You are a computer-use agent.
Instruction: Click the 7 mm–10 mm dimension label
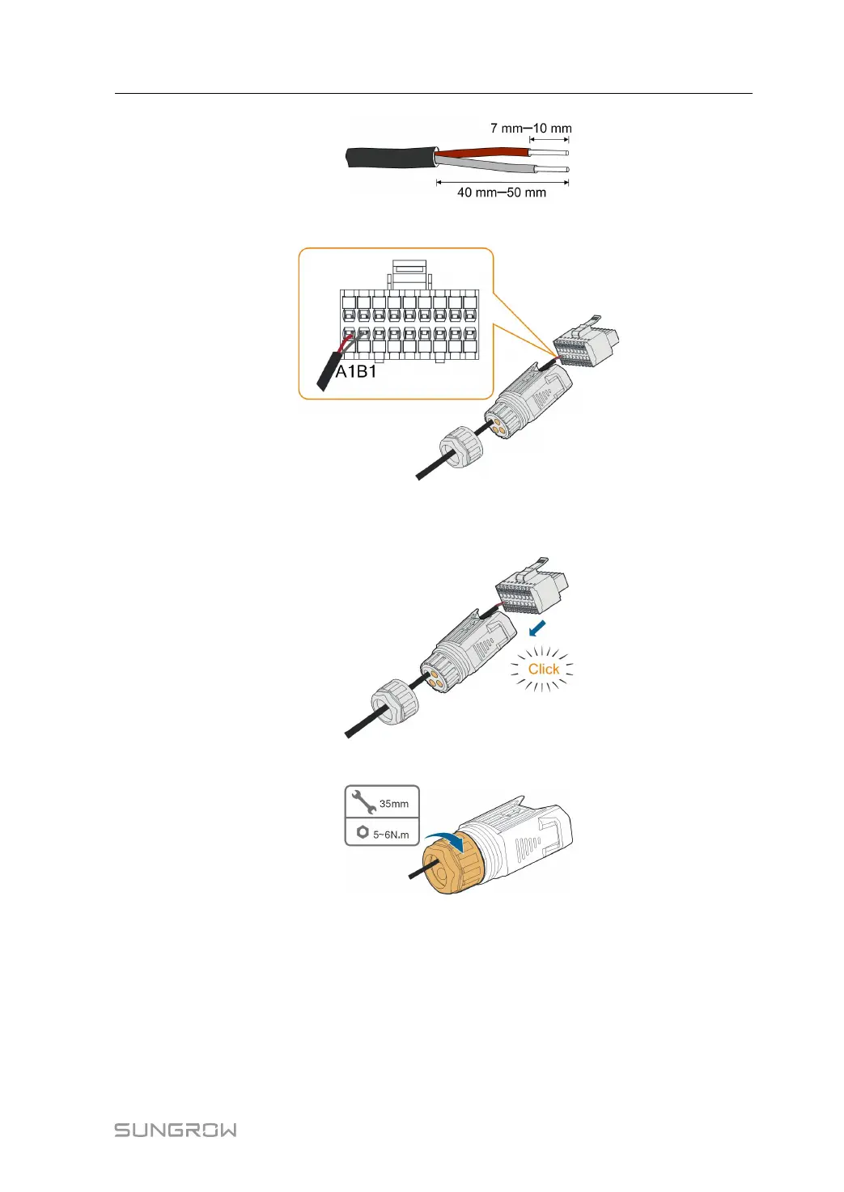530,128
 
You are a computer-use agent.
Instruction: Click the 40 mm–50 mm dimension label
501,192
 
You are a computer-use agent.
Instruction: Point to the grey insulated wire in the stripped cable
486,166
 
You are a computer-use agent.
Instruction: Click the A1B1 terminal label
356,372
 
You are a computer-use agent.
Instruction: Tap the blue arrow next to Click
537,628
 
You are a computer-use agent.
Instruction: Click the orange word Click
544,669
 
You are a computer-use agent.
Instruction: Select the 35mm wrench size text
394,804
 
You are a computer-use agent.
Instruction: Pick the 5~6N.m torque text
391,835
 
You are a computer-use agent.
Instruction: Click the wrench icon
363,802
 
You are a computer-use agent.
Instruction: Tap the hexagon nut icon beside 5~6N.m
362,832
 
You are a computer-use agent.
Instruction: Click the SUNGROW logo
176,1130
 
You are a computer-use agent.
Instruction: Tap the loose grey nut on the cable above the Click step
461,446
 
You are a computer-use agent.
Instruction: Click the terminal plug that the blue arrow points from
531,590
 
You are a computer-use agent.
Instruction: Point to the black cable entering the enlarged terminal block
330,372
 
